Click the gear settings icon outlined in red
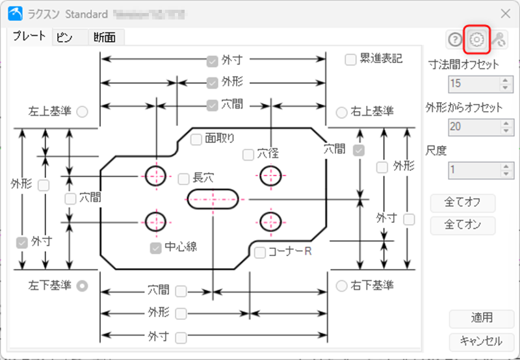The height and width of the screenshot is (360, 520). [x=476, y=40]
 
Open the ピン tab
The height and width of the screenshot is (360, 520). [x=64, y=37]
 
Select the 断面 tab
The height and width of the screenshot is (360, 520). [x=104, y=37]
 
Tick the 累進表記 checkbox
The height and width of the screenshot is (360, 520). [x=350, y=60]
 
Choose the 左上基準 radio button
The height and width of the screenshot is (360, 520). [x=83, y=112]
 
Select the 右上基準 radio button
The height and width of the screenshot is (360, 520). [x=341, y=112]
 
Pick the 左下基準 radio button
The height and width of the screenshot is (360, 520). [x=83, y=285]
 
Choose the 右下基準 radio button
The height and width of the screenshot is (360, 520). [x=341, y=285]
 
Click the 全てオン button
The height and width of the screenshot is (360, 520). [x=463, y=225]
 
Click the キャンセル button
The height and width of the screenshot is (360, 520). [x=480, y=341]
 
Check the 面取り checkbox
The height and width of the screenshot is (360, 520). [x=196, y=138]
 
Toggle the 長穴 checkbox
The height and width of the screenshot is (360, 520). [x=184, y=177]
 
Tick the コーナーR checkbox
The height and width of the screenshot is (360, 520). [x=260, y=252]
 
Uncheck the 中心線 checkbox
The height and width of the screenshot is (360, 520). [x=155, y=248]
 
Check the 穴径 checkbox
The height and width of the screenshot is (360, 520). [x=248, y=155]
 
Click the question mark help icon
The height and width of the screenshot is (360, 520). [x=454, y=40]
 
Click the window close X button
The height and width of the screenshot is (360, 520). [x=505, y=13]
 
